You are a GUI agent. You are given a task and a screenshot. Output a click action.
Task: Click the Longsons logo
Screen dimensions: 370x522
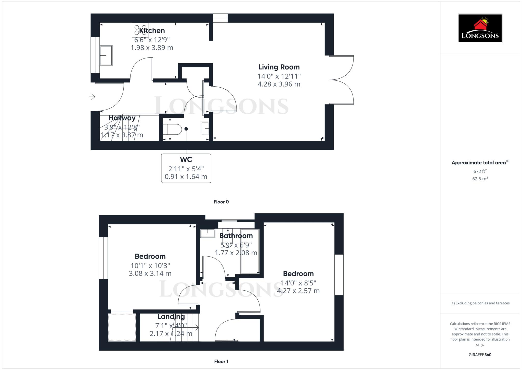click(x=480, y=28)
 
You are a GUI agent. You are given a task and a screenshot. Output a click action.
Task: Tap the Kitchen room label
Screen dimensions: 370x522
click(x=152, y=31)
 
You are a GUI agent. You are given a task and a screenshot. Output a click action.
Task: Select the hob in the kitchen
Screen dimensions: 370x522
click(x=140, y=30)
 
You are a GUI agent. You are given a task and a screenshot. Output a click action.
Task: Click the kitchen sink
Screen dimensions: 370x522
click(x=106, y=55)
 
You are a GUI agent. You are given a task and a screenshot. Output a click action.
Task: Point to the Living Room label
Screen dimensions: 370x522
click(x=279, y=67)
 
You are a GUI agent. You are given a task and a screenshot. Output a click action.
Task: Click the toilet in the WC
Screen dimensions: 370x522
click(x=172, y=129)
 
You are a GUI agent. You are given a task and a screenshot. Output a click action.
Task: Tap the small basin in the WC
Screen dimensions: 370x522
click(x=205, y=128)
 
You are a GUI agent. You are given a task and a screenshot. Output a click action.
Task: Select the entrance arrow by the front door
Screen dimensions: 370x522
click(x=92, y=97)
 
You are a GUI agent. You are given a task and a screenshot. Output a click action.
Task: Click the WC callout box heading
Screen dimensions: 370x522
click(x=186, y=160)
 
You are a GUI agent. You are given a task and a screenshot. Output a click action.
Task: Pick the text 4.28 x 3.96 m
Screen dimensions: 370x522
click(x=279, y=84)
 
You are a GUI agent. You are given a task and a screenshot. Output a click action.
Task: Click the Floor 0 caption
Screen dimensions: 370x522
click(x=221, y=202)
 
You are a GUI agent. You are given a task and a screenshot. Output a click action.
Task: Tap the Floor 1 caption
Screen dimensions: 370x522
click(x=221, y=361)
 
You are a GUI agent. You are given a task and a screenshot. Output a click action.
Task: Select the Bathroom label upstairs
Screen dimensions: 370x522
click(x=236, y=236)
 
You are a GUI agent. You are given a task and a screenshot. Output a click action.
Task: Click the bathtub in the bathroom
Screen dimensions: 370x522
click(x=250, y=252)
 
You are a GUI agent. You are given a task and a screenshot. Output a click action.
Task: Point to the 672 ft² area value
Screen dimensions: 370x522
click(x=480, y=171)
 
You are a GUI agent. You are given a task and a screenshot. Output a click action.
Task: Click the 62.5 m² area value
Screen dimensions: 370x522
click(x=480, y=179)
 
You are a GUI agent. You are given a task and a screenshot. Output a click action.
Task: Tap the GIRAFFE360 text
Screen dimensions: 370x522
click(x=480, y=355)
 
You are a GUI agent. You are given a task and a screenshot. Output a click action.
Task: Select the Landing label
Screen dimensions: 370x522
click(x=171, y=317)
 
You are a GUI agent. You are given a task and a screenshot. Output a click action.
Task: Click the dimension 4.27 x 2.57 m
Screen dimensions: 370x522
click(x=298, y=291)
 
